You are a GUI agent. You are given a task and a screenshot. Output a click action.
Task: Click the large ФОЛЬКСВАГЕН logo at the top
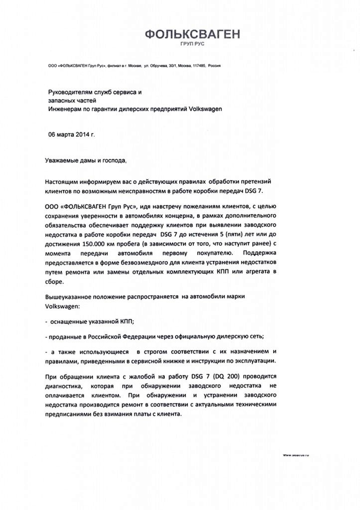(x=192, y=34)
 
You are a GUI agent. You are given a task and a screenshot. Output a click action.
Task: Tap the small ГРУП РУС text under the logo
(x=192, y=44)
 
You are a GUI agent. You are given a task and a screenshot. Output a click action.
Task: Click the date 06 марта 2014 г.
(x=71, y=134)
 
